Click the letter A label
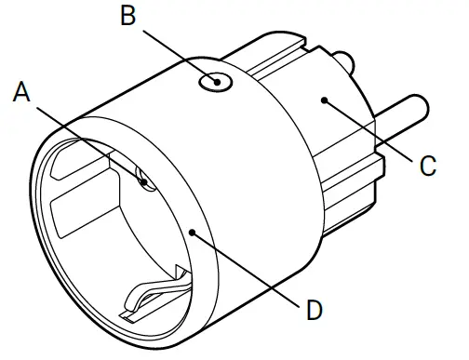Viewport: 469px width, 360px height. (x=23, y=91)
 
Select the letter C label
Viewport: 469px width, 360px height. (x=427, y=167)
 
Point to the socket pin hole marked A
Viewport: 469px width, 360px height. (x=144, y=178)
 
